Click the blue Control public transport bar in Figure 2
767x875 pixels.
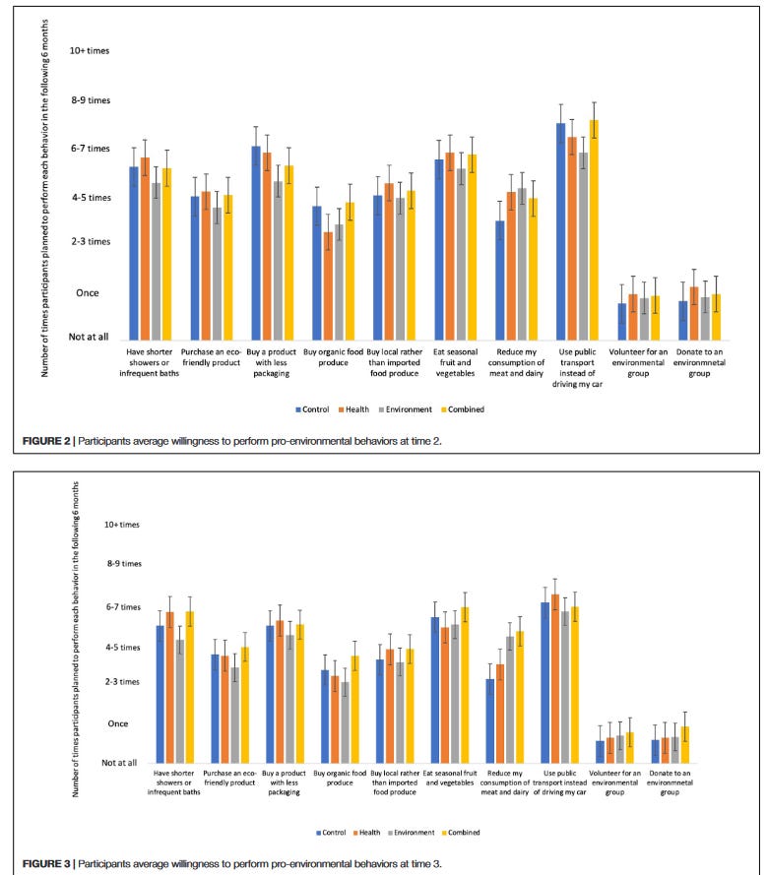561,231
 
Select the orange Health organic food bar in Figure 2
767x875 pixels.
328,285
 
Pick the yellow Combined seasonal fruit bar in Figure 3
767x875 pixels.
576,684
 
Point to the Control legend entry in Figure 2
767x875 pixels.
311,409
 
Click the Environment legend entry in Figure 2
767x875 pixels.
405,409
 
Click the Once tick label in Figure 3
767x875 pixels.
117,723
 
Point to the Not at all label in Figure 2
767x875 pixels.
89,337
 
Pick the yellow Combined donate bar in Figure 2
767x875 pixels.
716,317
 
